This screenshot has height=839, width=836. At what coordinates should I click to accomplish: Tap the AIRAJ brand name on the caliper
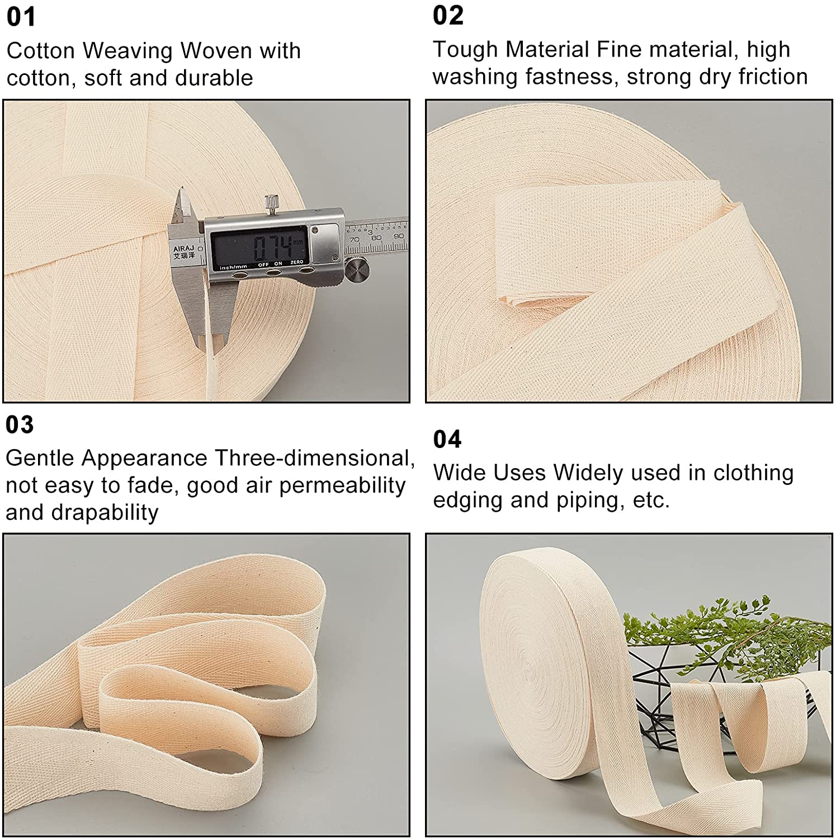(x=184, y=248)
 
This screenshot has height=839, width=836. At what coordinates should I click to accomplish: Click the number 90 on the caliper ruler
(x=398, y=236)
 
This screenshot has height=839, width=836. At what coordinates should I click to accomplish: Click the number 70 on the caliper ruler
(x=354, y=239)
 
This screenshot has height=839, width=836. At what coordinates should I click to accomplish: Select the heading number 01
(x=21, y=17)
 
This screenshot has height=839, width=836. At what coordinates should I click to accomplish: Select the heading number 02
(x=448, y=15)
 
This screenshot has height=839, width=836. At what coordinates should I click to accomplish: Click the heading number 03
(x=20, y=425)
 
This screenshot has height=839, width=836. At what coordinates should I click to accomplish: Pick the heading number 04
(x=447, y=439)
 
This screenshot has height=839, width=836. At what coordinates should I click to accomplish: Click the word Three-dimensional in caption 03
(x=315, y=458)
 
